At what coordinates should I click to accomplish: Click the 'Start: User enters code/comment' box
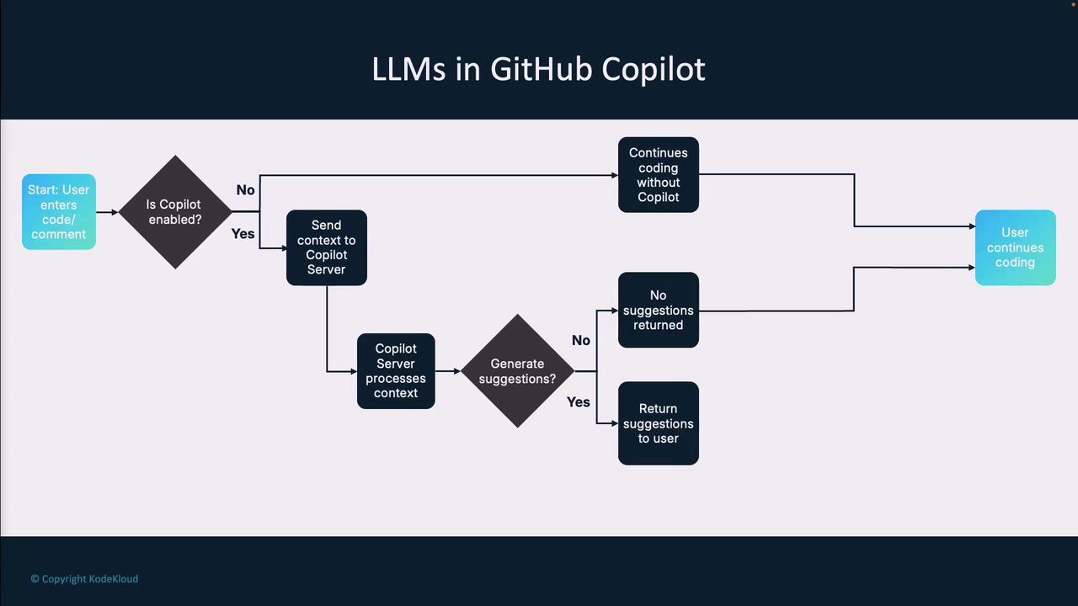point(59,212)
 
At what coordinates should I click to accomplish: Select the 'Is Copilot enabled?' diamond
point(175,212)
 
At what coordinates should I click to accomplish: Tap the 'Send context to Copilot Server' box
point(327,247)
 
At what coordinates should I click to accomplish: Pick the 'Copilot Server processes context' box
point(396,371)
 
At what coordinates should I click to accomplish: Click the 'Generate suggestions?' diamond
point(517,371)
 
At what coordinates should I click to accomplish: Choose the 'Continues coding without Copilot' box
point(658,175)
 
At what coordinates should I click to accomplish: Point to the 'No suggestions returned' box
point(658,310)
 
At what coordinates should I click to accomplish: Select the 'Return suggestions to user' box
point(658,423)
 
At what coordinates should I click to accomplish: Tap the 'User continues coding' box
point(1015,247)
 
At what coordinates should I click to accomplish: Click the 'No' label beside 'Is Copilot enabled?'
point(245,190)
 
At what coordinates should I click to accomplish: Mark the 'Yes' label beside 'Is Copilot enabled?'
point(243,234)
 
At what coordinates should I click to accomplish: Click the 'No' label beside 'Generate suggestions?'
point(581,341)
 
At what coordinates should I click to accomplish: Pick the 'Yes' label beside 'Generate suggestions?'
point(579,402)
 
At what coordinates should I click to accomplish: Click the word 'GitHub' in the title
point(541,69)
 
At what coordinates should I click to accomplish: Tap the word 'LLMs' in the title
point(408,69)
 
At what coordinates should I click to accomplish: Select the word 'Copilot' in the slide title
point(654,69)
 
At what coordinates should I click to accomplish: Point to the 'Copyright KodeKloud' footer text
point(84,579)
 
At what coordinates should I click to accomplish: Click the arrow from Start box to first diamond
point(107,212)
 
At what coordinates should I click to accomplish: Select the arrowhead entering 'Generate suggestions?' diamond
point(457,371)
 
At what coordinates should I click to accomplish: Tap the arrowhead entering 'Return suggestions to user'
point(614,423)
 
